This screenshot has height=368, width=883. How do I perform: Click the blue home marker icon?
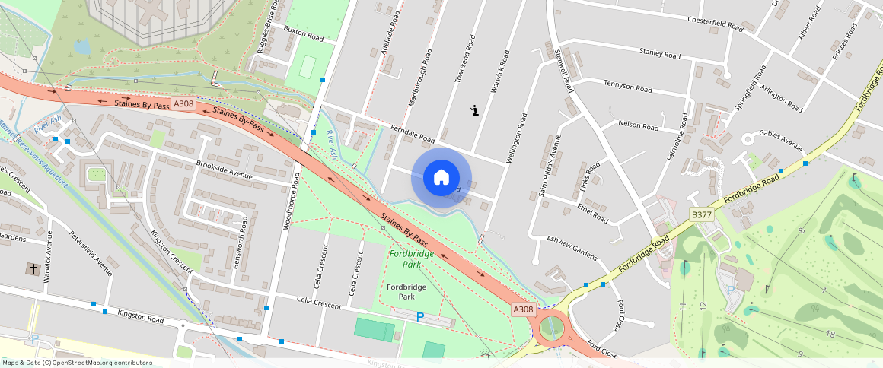click(441, 177)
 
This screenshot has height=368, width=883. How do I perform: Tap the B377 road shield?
click(700, 215)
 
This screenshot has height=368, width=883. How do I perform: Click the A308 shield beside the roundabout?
click(523, 309)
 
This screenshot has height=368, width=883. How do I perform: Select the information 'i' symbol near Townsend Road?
click(475, 110)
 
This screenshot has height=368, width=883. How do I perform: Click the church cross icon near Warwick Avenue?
click(33, 268)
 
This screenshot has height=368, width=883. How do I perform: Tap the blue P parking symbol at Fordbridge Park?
click(419, 317)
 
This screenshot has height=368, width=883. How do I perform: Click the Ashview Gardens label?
click(572, 247)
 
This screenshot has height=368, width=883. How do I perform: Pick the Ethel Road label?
click(593, 212)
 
